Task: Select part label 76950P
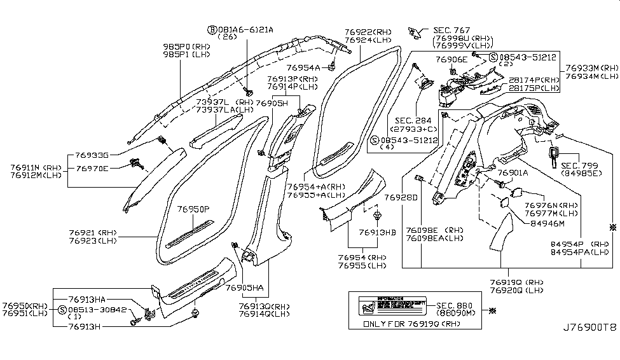pyautogui.click(x=193, y=209)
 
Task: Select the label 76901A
pyautogui.click(x=513, y=172)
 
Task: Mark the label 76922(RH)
pyautogui.click(x=369, y=31)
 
